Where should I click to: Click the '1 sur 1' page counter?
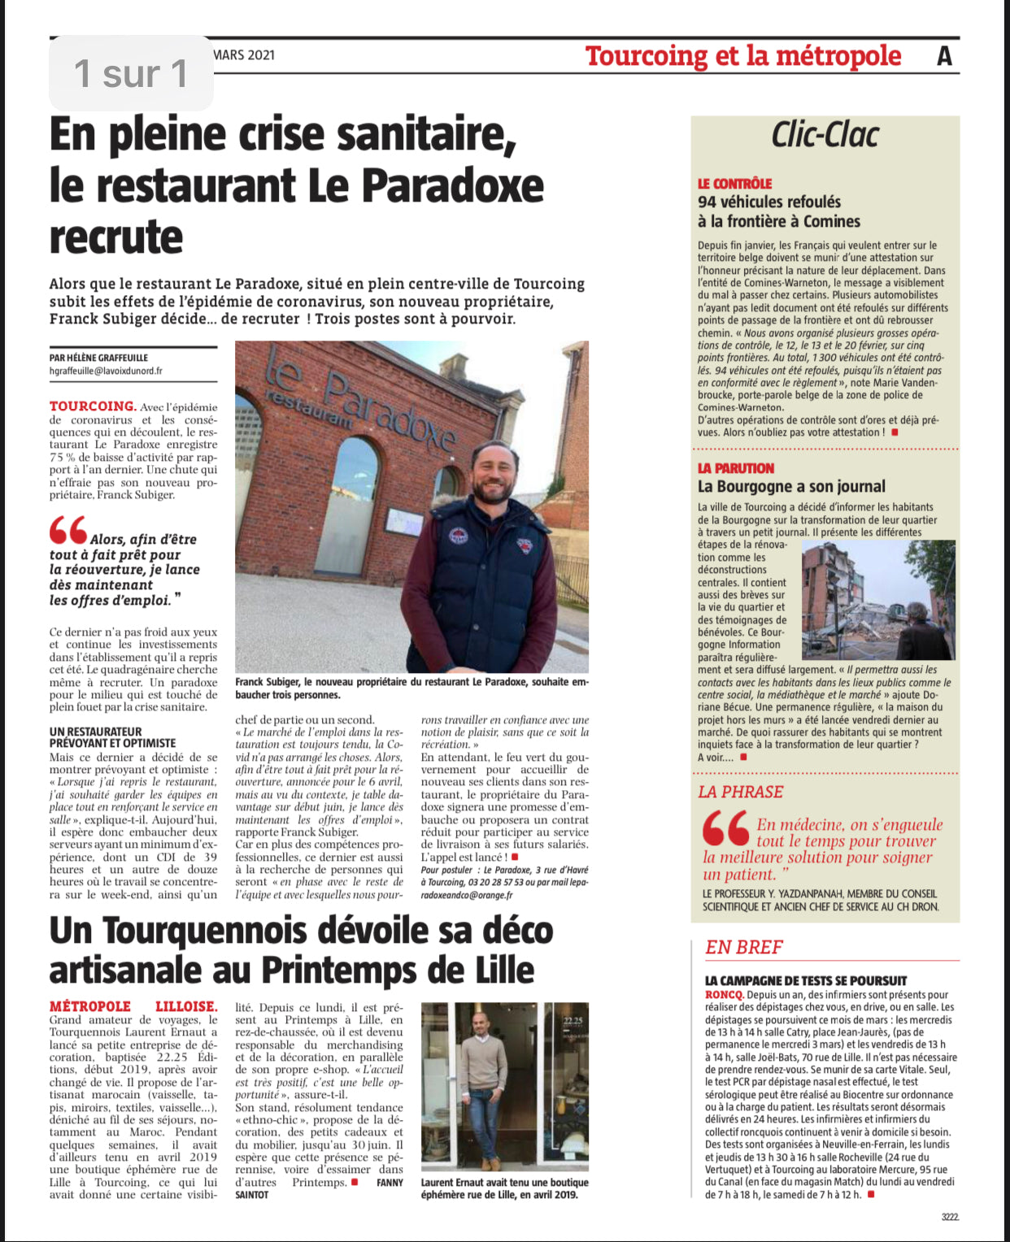(x=131, y=73)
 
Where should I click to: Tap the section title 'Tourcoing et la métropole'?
(x=742, y=55)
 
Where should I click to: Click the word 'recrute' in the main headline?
(x=116, y=237)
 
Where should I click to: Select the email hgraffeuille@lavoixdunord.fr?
(x=106, y=371)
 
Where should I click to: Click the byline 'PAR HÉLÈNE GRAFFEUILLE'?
(x=98, y=357)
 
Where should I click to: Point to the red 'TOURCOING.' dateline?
(x=92, y=406)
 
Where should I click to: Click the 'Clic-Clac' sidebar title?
(x=825, y=135)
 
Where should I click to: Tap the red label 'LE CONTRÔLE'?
(x=734, y=184)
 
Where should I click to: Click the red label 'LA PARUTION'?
(x=735, y=468)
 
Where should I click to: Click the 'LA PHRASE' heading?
(x=740, y=792)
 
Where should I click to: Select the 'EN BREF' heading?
(x=743, y=947)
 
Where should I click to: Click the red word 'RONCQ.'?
(x=724, y=994)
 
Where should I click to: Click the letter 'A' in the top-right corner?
(x=944, y=55)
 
